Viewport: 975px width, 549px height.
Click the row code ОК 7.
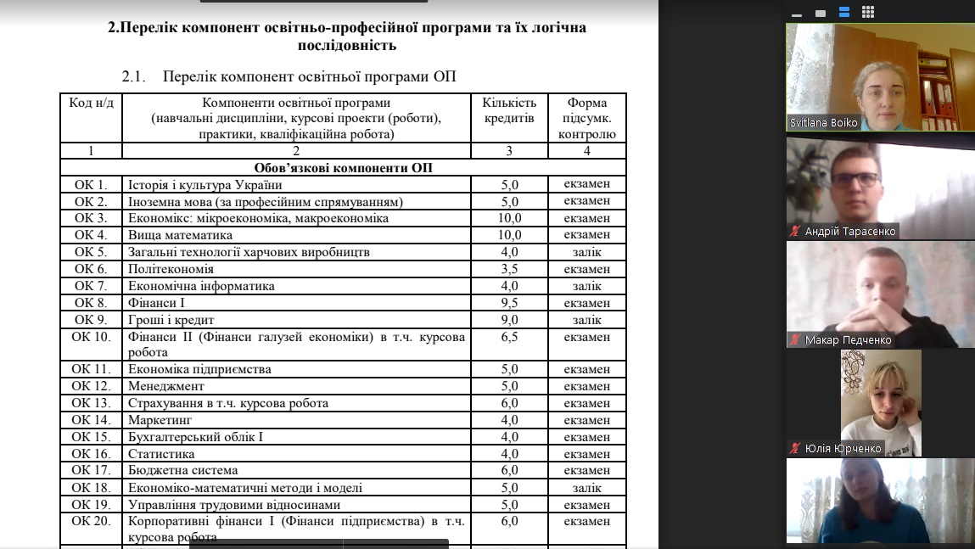[x=91, y=286]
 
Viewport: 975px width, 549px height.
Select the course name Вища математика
[x=180, y=235]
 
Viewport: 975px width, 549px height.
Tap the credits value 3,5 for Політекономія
[x=509, y=269]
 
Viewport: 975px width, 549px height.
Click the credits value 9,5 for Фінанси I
[x=509, y=303]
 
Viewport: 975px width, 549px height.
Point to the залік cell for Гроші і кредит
[x=586, y=320]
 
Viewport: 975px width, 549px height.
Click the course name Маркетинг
[x=160, y=420]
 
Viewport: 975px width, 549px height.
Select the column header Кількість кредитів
[x=509, y=110]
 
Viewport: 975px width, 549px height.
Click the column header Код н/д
[x=91, y=104]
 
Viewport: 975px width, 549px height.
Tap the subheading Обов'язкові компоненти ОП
[x=343, y=168]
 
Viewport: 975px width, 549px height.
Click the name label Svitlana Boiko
[x=823, y=123]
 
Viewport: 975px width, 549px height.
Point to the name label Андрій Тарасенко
[x=850, y=231]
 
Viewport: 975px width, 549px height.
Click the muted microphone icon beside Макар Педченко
[x=795, y=340]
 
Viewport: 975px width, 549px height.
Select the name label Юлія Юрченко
[x=844, y=448]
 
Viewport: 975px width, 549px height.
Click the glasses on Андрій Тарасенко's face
[x=855, y=180]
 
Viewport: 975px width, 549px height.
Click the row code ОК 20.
[x=91, y=521]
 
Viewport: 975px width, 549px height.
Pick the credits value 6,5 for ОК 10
[x=509, y=337]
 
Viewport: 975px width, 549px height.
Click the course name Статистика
[x=161, y=454]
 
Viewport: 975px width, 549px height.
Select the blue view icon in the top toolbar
[x=844, y=13]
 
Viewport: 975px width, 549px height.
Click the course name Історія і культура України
[x=205, y=184]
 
